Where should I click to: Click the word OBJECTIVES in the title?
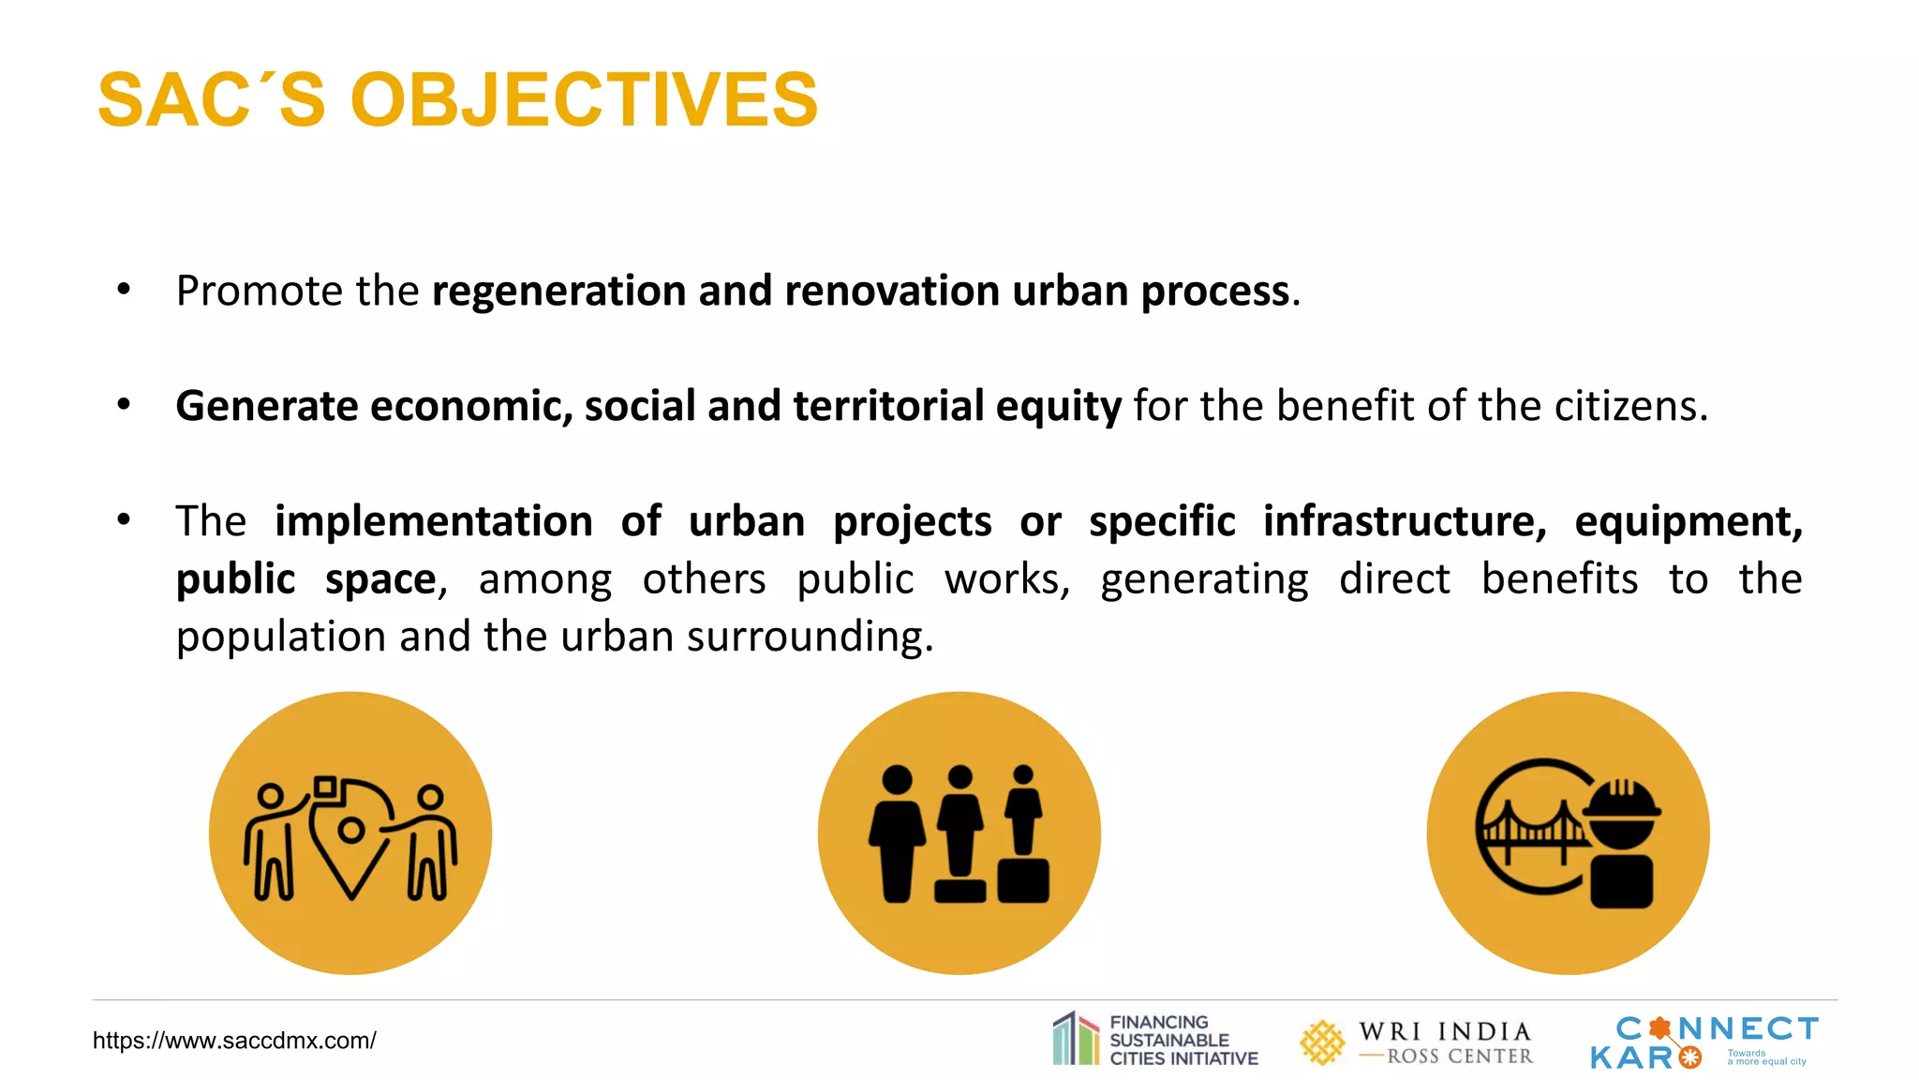click(584, 100)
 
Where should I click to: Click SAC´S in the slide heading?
click(212, 100)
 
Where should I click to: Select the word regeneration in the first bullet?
click(558, 292)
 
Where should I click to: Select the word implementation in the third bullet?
click(433, 521)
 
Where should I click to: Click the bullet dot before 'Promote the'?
click(124, 290)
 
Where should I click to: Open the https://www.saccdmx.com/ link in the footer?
click(234, 1041)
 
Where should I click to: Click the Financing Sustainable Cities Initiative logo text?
click(1183, 1041)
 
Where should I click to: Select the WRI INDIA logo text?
click(1445, 1032)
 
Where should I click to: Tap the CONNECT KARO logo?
click(1703, 1041)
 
